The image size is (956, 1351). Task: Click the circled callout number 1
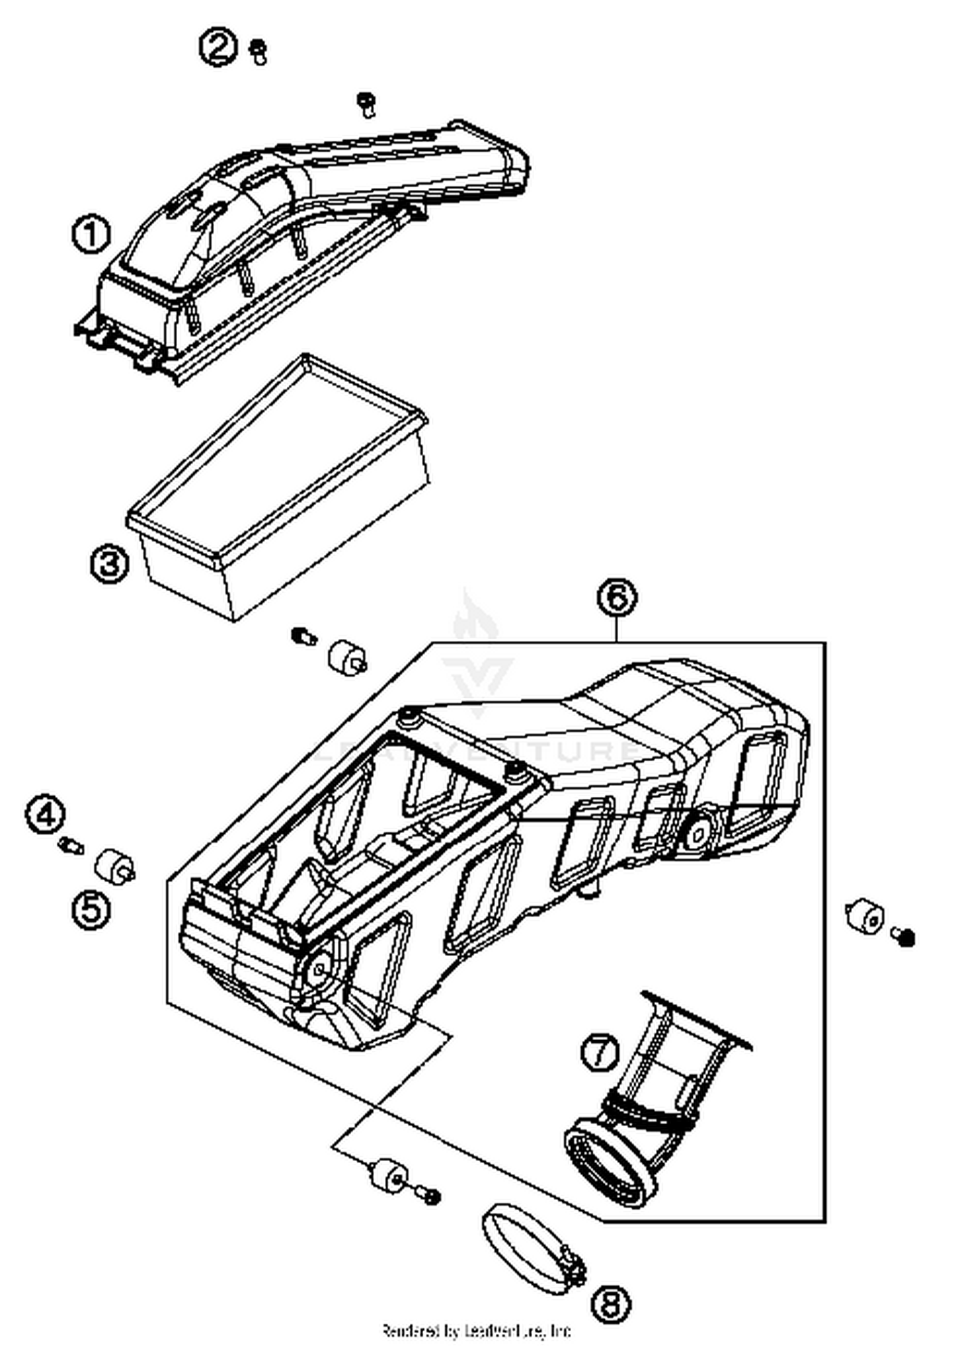click(91, 234)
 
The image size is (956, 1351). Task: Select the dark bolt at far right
click(905, 938)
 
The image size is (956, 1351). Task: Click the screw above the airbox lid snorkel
click(366, 104)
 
